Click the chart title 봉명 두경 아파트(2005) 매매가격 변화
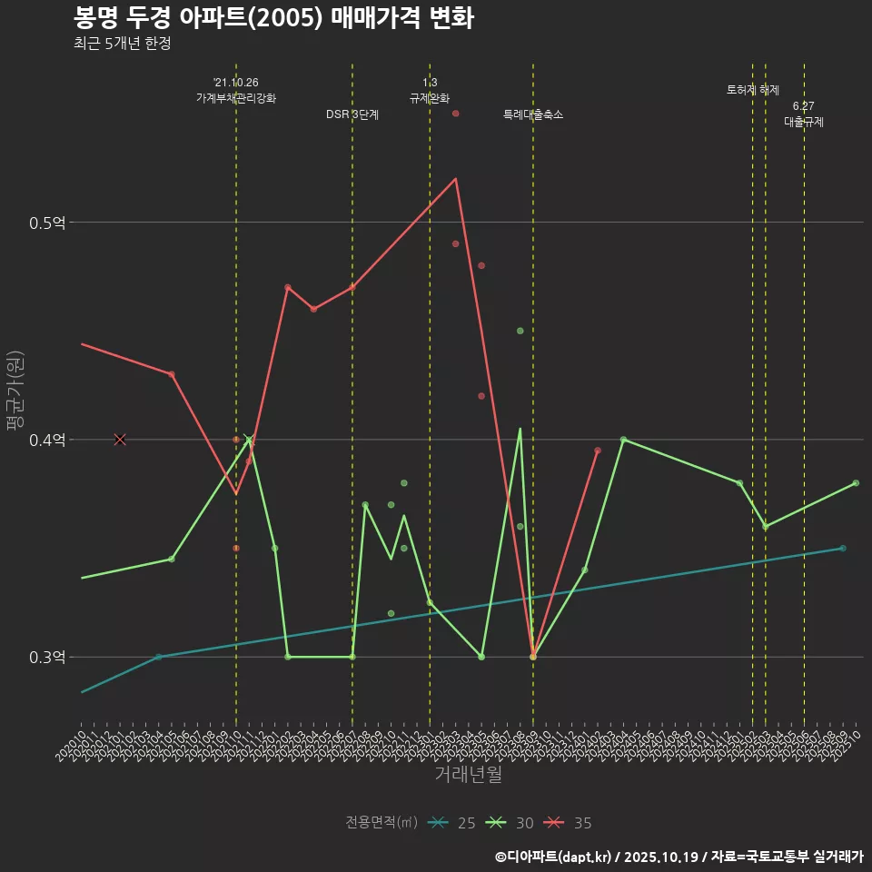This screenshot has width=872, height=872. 272,18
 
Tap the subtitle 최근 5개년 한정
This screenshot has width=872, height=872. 122,44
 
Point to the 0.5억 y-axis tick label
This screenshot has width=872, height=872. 48,223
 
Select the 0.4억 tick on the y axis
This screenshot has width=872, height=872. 48,441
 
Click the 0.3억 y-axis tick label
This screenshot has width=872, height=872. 48,658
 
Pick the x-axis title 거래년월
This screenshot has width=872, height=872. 468,775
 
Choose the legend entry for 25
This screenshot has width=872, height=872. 451,823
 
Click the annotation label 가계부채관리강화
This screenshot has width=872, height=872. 236,98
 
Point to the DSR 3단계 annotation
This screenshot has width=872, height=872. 352,114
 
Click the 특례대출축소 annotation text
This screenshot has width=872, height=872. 533,114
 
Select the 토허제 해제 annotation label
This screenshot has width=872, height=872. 753,90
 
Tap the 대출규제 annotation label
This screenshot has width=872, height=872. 804,122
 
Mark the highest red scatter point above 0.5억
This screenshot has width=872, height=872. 456,114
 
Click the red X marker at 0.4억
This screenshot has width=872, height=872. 120,440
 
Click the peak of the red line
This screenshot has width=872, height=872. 456,178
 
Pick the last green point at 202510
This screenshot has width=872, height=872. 856,483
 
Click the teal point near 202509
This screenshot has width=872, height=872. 843,549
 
